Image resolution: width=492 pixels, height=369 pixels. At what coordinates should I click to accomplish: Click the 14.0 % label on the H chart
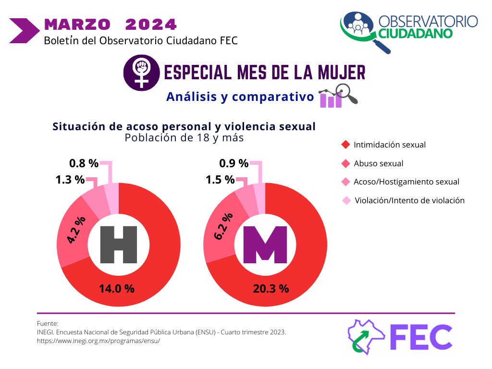click(x=116, y=289)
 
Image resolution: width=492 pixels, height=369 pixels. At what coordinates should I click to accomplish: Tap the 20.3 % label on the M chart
click(x=271, y=289)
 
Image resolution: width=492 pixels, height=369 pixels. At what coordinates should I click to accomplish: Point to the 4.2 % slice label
click(x=76, y=230)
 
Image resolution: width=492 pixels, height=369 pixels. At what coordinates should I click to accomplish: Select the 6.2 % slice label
click(x=223, y=226)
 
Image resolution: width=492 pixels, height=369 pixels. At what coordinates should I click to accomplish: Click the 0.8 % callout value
click(x=84, y=163)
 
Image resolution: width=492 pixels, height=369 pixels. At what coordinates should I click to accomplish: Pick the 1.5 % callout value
click(x=220, y=180)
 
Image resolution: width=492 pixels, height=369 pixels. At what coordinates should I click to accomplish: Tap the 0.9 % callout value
click(x=234, y=163)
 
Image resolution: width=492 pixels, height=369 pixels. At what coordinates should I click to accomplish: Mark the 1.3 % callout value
click(x=70, y=180)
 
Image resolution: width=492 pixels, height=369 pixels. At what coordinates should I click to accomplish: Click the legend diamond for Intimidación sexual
click(x=345, y=145)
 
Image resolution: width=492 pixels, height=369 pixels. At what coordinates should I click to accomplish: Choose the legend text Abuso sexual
click(x=378, y=163)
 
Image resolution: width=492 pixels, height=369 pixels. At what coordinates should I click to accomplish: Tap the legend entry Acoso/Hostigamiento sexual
click(x=406, y=182)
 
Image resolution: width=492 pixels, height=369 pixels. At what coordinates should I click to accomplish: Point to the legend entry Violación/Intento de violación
click(x=409, y=200)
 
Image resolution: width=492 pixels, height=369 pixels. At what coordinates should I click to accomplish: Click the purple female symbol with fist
click(x=141, y=73)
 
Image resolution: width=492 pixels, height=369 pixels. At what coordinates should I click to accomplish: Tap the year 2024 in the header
click(x=151, y=24)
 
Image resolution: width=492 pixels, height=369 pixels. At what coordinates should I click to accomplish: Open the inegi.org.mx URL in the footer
click(x=98, y=341)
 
